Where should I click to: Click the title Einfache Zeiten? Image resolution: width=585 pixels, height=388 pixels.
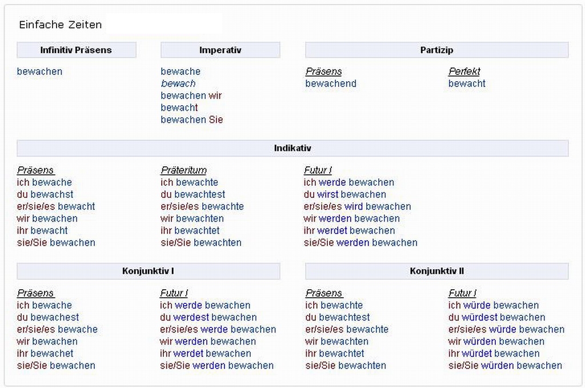coord(60,25)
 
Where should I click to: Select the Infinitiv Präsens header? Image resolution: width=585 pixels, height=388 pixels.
coord(76,50)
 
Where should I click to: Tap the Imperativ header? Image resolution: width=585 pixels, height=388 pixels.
coord(220,50)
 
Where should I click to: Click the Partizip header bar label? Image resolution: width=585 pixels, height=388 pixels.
coord(436,50)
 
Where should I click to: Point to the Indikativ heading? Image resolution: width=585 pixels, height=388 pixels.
coord(292,149)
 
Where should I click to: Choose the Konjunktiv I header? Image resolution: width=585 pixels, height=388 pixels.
coord(148,271)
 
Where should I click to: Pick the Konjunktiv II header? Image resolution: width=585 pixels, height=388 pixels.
coord(436,271)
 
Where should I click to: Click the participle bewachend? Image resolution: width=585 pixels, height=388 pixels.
coord(331,83)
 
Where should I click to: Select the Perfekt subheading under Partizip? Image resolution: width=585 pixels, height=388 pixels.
coord(464,71)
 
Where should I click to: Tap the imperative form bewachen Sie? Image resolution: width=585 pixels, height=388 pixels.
coord(191,119)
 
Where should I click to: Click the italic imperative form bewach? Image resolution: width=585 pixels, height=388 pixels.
coord(178,83)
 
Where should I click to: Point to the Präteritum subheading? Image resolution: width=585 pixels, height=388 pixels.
coord(183,170)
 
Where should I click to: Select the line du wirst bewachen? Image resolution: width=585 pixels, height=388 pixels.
coord(344,194)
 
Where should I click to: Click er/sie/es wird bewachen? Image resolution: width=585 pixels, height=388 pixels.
coord(357,206)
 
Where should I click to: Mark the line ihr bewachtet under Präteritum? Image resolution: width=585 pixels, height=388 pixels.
coord(190,230)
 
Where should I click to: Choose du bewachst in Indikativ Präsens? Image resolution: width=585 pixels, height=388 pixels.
coord(45,194)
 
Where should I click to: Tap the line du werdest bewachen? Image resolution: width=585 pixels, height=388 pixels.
coord(208,317)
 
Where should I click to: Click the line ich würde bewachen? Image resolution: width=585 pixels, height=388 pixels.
coord(493,305)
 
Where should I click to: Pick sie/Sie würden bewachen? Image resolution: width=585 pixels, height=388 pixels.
coord(505,365)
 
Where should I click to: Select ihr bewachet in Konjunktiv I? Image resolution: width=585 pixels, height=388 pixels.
coord(45,353)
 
